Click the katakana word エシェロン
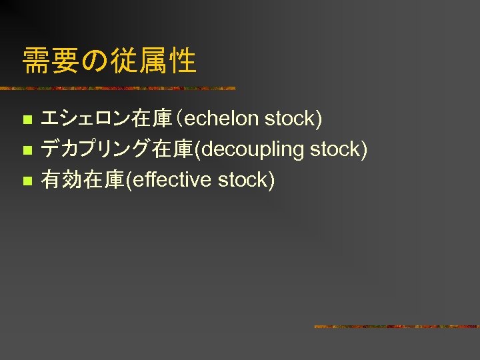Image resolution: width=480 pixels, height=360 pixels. [x=86, y=119]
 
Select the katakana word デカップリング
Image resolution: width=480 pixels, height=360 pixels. [x=96, y=149]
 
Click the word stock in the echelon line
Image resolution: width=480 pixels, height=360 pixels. [x=293, y=119]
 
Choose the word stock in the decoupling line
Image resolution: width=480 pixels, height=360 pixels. [x=338, y=149]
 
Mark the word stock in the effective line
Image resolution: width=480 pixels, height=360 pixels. [x=246, y=179]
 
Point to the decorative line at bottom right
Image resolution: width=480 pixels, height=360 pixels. [x=396, y=327]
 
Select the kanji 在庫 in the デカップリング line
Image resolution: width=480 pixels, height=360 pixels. [x=172, y=149]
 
